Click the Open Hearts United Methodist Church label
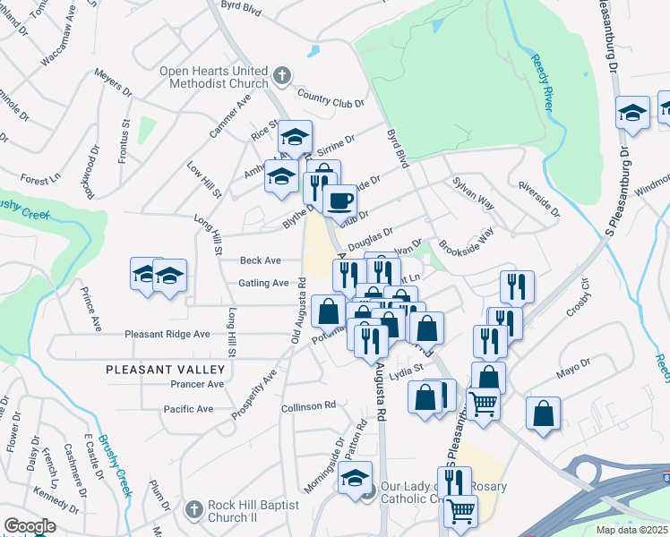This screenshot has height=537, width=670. click(213, 77)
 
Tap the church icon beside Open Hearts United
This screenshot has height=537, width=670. click(281, 76)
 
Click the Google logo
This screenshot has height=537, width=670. click(30, 526)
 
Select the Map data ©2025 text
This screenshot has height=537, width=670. click(631, 530)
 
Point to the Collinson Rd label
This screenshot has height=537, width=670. click(307, 406)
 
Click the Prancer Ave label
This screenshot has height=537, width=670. click(196, 384)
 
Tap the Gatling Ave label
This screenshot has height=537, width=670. click(263, 283)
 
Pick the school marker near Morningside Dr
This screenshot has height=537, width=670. click(356, 478)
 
